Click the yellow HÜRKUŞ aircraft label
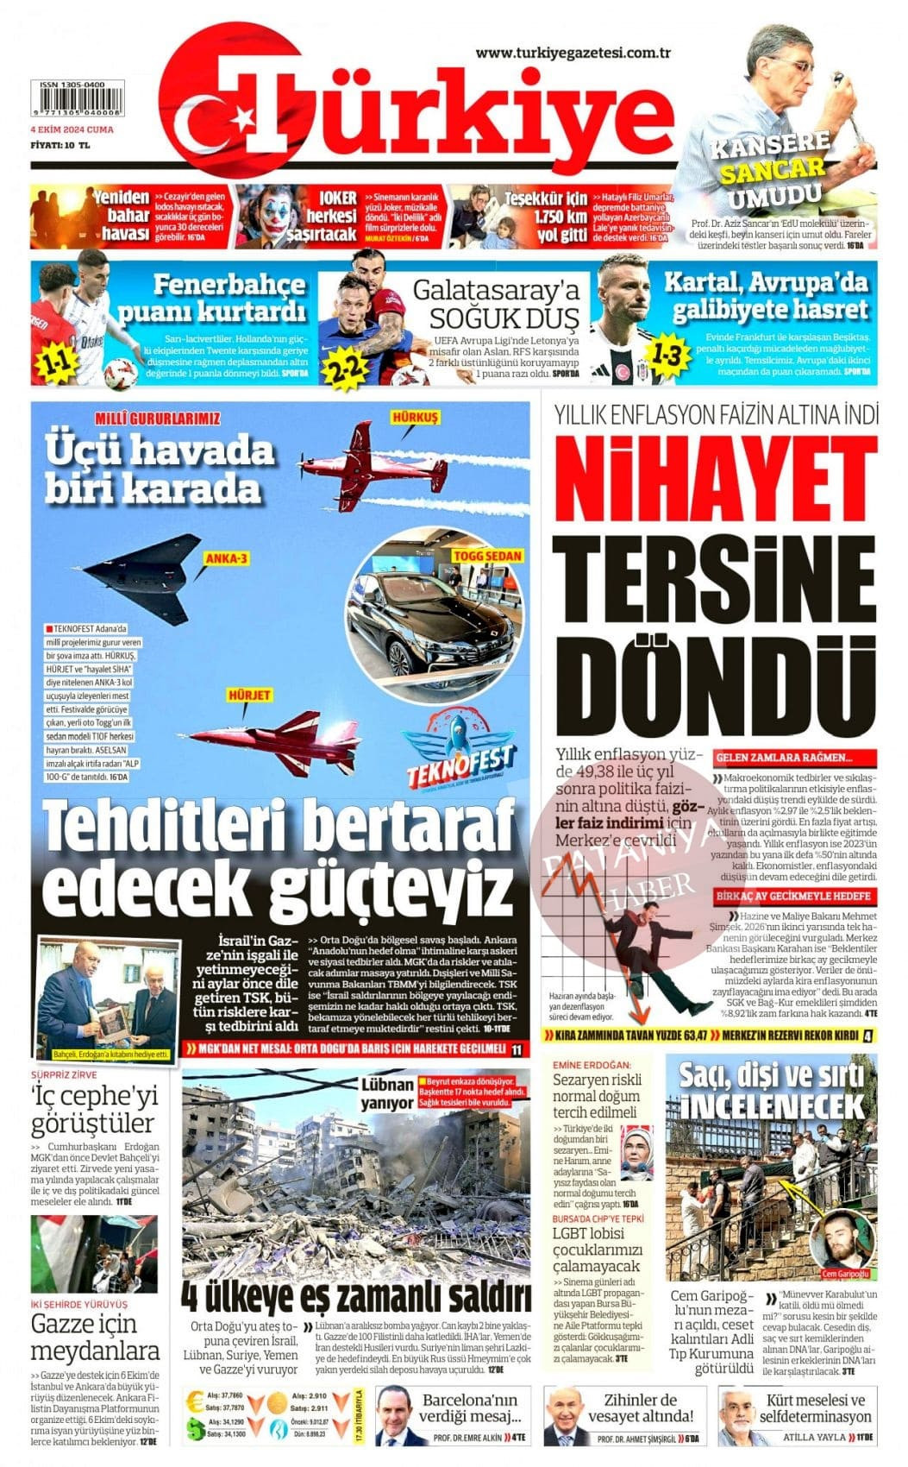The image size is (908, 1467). (415, 418)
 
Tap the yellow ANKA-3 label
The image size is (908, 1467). (226, 559)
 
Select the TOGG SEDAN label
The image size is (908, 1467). (487, 556)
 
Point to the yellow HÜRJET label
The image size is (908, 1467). (249, 695)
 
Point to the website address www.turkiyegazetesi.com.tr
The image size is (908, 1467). (573, 54)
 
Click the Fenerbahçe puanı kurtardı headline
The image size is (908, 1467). (229, 297)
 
